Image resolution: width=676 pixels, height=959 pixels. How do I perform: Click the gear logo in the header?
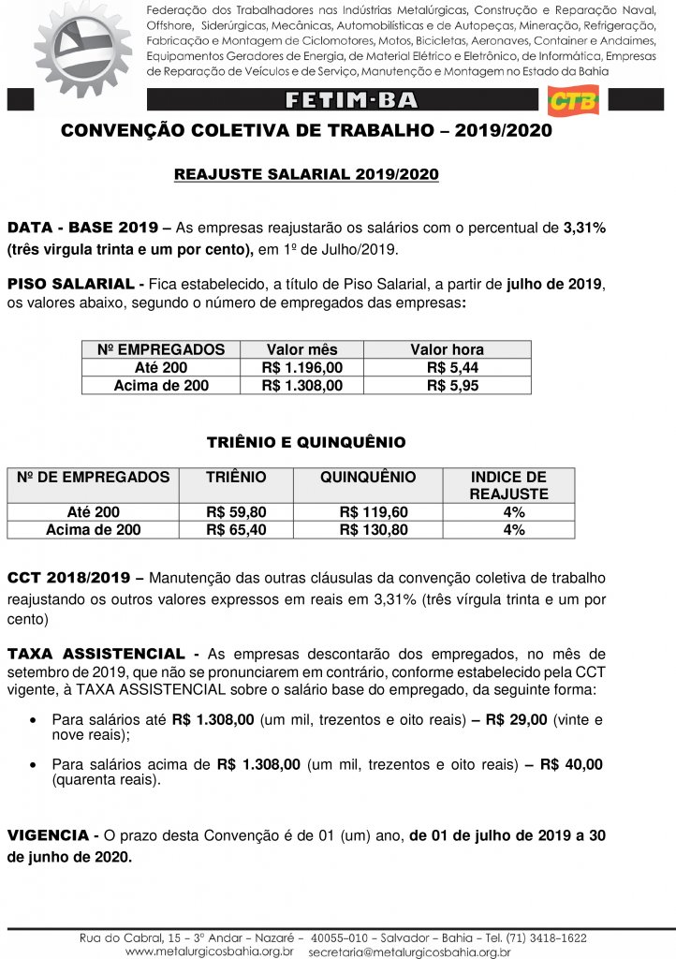coord(82,47)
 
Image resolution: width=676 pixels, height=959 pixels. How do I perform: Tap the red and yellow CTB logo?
coord(573,101)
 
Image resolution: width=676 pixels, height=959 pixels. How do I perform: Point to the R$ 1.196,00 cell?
coord(301,368)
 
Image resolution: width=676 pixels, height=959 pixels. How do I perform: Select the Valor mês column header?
coord(301,350)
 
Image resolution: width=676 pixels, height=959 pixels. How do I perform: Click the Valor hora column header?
coord(447,350)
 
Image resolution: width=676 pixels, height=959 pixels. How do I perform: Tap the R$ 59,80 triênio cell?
coord(236,512)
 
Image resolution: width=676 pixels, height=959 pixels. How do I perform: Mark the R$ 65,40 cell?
coord(236,530)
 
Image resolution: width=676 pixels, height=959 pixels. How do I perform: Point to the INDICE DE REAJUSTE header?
coord(508,485)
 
